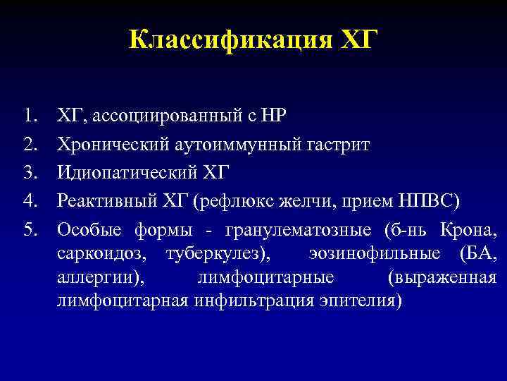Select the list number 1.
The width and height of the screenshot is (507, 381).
[x=30, y=115]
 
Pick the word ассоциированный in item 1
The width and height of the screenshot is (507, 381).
[x=141, y=116]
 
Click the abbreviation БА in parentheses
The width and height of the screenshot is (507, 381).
[x=483, y=254]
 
